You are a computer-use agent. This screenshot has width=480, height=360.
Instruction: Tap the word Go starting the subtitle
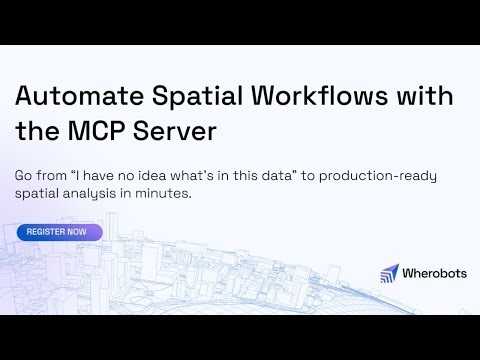pyautogui.click(x=24, y=175)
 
